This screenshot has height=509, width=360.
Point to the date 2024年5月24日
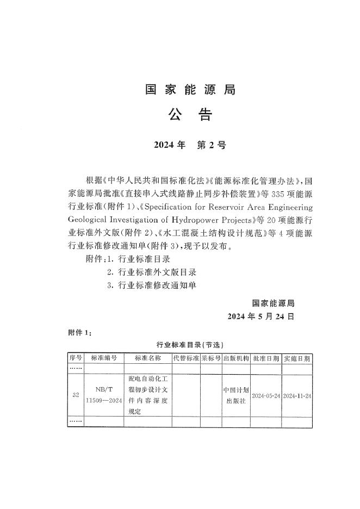[261, 316]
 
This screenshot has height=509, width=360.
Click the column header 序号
[75, 358]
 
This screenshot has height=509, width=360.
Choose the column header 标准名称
[147, 358]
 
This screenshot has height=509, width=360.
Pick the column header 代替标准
[185, 358]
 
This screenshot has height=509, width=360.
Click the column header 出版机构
[236, 358]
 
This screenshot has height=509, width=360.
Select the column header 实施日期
[297, 358]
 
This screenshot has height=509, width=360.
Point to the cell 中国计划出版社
[236, 395]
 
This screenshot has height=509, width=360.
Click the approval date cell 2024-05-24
[266, 395]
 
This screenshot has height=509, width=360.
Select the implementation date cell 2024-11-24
[297, 395]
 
